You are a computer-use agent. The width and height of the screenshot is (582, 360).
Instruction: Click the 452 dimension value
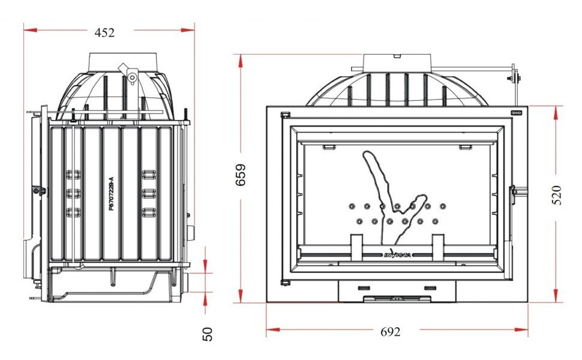click(x=105, y=33)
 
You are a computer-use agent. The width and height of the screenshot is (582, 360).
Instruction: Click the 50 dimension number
click(x=208, y=334)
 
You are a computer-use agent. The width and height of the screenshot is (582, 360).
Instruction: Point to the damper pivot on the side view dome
click(x=131, y=76)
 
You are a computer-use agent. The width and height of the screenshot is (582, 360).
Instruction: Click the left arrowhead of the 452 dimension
click(x=28, y=28)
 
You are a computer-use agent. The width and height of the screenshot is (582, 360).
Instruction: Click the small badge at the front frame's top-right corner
click(x=515, y=112)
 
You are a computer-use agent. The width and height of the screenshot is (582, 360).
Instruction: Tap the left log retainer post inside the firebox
click(x=356, y=247)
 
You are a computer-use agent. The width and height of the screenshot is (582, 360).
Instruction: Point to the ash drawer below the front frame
click(x=397, y=292)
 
